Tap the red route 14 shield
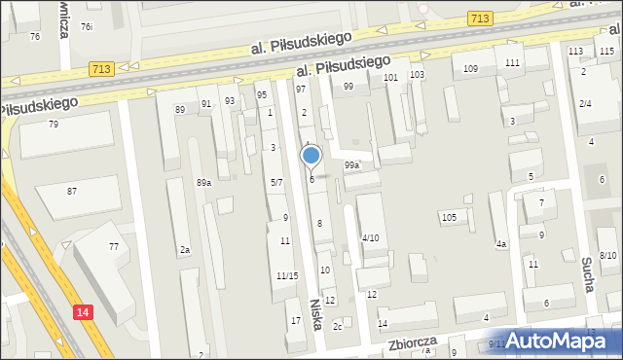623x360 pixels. [x=83, y=311]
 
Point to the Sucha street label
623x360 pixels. [x=587, y=274]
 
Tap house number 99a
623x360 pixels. [x=351, y=165]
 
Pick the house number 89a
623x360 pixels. [x=203, y=183]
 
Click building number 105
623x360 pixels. [x=449, y=217]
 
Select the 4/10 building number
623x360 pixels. [x=370, y=238]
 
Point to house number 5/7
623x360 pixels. [x=276, y=182]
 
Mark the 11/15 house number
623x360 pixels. [x=286, y=276]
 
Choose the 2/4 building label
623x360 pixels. [x=585, y=103]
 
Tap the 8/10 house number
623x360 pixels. [x=608, y=255]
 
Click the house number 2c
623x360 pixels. [x=337, y=326]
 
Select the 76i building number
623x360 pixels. [x=87, y=26]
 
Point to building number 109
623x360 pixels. [x=470, y=68]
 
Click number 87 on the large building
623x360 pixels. [x=72, y=191]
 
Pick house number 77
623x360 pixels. [x=114, y=247]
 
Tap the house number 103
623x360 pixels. [x=417, y=75]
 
